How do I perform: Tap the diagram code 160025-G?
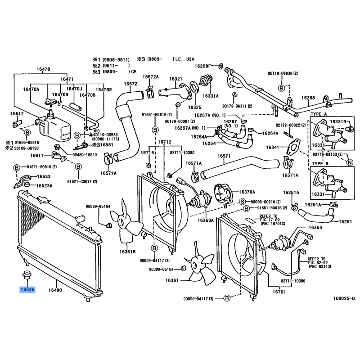point(343,298)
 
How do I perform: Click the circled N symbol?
point(350,162)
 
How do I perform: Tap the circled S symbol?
point(242,201)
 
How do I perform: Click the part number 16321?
point(175,79)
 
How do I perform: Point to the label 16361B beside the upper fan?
point(127,252)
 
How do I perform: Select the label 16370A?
point(247,192)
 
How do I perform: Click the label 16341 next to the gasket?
point(273,147)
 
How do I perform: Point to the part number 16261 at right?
point(345,221)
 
